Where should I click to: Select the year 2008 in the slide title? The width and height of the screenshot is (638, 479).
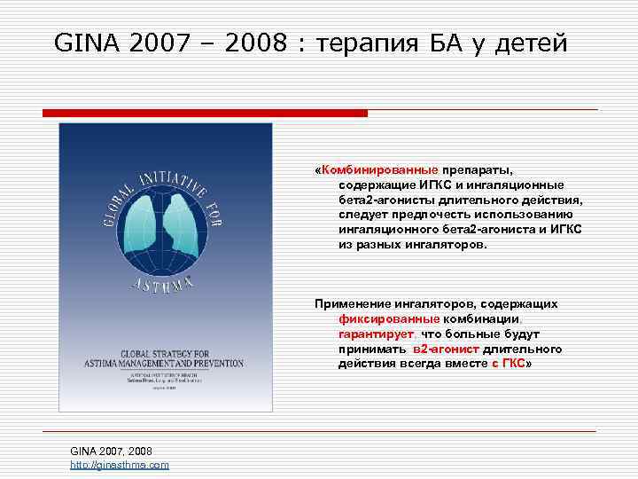(x=257, y=42)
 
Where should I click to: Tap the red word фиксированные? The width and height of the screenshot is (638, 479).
(x=388, y=319)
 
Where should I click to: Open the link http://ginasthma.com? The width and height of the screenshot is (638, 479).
(x=120, y=465)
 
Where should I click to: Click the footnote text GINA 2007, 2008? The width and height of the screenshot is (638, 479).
(x=105, y=452)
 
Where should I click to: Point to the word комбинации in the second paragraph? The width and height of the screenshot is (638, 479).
(x=478, y=319)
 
